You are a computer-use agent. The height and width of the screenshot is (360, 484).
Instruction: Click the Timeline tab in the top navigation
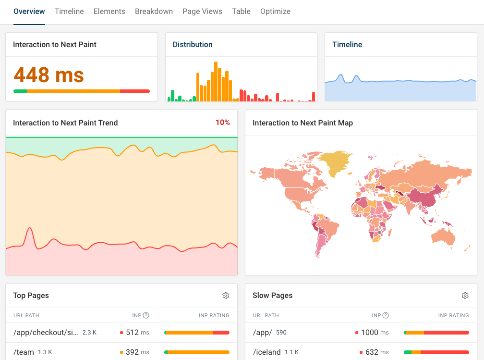[69, 12]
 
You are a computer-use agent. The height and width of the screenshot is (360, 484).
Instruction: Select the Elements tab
[109, 12]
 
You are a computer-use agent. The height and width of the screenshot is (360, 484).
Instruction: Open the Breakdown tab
[154, 12]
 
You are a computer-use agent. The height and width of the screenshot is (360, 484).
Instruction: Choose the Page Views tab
[202, 12]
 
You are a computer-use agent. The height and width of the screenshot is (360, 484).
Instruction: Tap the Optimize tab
[275, 12]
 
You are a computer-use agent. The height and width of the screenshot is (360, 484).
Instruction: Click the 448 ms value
[48, 74]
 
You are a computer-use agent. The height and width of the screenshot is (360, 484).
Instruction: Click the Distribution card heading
[193, 45]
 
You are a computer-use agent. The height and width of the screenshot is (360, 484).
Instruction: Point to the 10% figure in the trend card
[222, 123]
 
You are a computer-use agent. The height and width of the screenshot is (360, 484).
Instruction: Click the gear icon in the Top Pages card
[226, 296]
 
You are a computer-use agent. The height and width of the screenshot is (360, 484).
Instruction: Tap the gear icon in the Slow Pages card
[465, 296]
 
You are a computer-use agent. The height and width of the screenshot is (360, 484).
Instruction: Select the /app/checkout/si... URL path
[46, 332]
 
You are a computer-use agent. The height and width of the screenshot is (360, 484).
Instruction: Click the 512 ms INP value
[137, 332]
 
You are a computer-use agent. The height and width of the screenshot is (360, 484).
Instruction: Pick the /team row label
[24, 352]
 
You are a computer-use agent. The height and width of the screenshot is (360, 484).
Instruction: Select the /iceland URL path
[267, 352]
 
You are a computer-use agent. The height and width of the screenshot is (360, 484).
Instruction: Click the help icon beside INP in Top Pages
[146, 315]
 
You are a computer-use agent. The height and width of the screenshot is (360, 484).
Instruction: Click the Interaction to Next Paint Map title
[302, 123]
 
